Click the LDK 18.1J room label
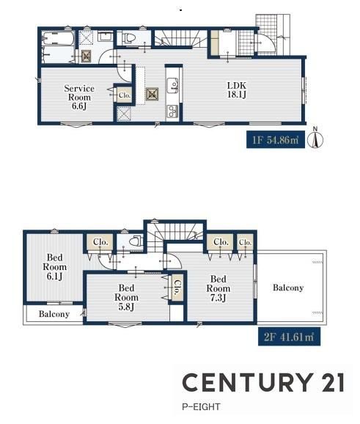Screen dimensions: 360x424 click(237, 90)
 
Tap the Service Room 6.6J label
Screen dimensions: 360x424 click(79, 97)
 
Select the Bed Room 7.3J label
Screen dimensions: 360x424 click(218, 288)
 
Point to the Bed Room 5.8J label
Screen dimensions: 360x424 click(127, 297)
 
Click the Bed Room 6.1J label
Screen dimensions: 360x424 click(54, 266)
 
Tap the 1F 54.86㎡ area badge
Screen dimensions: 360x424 click(276, 140)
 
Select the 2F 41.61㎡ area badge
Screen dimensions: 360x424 click(289, 337)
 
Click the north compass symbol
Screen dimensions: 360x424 click(317, 138)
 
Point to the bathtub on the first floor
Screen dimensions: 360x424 click(59, 39)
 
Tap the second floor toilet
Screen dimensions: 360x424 click(135, 241)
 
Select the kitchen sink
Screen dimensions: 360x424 click(172, 85)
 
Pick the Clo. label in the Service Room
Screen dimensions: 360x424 click(125, 95)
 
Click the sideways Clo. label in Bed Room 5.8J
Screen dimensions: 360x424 click(177, 287)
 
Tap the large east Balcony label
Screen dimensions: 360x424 click(288, 288)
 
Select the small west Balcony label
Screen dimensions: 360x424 click(54, 314)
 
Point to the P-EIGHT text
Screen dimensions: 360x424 click(201, 406)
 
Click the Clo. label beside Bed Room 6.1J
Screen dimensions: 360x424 click(100, 242)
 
